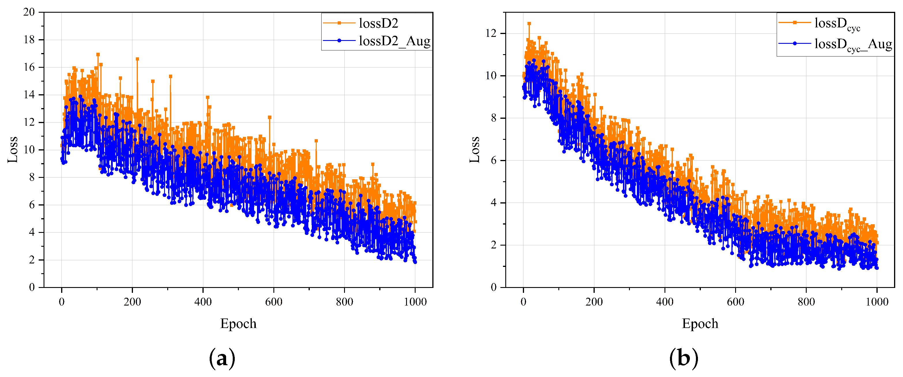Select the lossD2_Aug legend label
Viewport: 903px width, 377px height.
pos(394,41)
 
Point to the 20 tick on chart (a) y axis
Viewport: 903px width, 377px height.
pos(29,12)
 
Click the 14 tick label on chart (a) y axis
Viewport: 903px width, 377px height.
pos(29,95)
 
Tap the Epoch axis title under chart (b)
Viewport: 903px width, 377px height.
pos(700,323)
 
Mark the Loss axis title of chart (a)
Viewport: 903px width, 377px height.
pos(13,150)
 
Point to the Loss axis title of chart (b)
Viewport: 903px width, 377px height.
pos(475,150)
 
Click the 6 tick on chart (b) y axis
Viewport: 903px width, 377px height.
pos(493,161)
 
